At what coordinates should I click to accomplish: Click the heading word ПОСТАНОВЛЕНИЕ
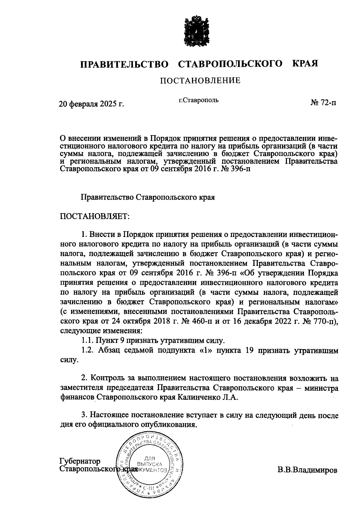click(200, 80)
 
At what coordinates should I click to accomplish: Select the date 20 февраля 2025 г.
click(91, 104)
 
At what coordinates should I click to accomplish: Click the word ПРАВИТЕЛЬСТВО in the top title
click(124, 64)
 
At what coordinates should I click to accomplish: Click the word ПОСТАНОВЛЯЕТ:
click(94, 216)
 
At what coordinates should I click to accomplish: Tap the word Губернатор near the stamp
click(80, 461)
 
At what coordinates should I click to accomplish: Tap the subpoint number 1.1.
click(87, 341)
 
